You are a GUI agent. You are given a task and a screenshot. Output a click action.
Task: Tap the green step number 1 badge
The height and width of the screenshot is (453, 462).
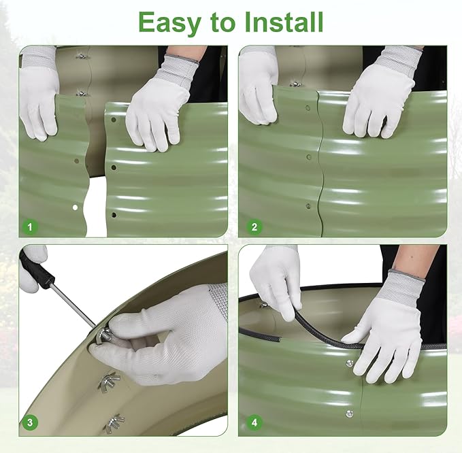click(30, 227)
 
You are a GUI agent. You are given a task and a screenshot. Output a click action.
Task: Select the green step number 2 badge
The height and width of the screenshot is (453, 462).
click(254, 227)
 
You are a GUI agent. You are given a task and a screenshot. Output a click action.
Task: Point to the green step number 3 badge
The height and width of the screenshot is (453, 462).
click(30, 422)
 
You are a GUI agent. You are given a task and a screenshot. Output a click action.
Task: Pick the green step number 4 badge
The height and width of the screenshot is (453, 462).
click(254, 422)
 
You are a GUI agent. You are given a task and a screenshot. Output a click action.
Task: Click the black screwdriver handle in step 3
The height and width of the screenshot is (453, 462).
click(37, 271)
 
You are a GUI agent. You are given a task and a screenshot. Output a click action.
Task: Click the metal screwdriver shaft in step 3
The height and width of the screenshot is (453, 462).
click(73, 306)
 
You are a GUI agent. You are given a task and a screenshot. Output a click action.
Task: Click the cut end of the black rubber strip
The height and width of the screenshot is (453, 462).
click(279, 339)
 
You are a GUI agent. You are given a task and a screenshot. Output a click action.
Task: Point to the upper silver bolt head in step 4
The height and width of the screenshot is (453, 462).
click(350, 363)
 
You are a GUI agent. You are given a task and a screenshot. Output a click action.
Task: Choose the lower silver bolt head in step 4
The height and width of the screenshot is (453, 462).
click(350, 414)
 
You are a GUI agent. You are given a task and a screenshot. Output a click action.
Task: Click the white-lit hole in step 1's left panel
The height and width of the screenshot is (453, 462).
click(75, 207)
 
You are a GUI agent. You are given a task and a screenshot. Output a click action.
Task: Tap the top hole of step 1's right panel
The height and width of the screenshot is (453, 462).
click(114, 120)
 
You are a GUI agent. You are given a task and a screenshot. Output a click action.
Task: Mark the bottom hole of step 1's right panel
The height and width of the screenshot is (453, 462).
click(114, 215)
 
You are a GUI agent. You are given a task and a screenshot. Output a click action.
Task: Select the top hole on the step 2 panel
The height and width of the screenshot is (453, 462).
click(308, 108)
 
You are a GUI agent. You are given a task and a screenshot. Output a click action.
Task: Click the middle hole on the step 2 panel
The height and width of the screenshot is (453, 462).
click(309, 157)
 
